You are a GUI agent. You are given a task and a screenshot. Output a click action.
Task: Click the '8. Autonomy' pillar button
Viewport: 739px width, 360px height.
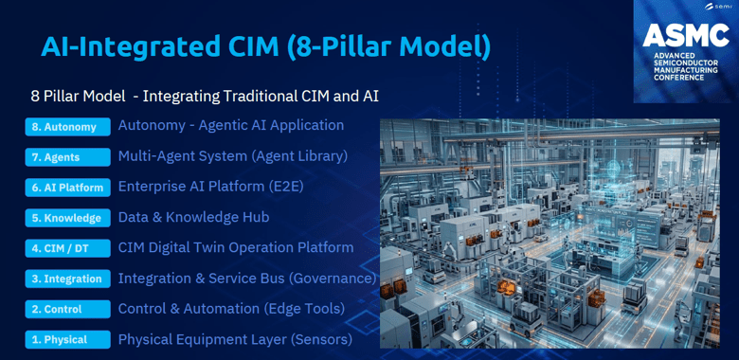click(x=68, y=127)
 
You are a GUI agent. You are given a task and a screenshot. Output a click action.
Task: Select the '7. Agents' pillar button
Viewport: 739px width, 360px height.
click(x=68, y=157)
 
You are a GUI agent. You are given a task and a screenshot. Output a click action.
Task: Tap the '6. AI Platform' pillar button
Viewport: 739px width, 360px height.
click(x=68, y=188)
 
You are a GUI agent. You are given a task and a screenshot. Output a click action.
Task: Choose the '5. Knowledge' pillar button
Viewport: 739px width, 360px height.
click(x=68, y=218)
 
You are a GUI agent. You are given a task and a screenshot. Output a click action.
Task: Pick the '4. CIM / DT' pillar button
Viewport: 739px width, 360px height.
click(x=68, y=248)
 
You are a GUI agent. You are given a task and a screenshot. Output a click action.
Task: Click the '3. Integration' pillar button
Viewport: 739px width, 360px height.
click(x=68, y=279)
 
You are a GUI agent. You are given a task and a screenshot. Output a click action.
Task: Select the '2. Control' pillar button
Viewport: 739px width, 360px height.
click(x=68, y=309)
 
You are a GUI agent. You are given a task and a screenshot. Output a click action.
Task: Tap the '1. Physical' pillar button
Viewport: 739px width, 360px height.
click(x=68, y=340)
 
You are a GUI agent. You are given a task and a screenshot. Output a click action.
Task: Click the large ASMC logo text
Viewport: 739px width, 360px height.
click(x=686, y=36)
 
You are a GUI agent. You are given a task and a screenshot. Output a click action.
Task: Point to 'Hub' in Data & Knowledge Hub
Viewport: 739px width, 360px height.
click(x=259, y=217)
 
